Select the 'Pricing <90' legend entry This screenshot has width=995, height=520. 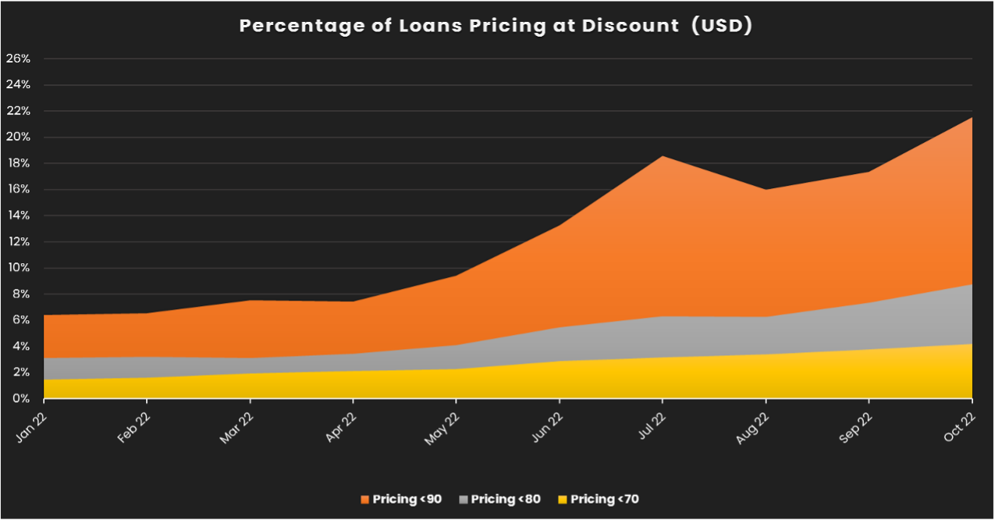(x=400, y=499)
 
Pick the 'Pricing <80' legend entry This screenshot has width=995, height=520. (x=499, y=499)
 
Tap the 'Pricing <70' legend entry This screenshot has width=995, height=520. (x=599, y=499)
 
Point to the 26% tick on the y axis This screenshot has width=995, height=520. (x=18, y=59)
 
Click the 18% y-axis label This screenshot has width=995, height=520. (x=18, y=163)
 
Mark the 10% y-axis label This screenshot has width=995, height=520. (x=18, y=268)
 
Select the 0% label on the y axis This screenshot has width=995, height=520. (x=20, y=398)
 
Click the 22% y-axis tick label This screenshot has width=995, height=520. (x=18, y=111)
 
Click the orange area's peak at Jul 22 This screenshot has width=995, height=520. (x=663, y=156)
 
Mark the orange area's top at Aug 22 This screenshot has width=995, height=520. (x=766, y=190)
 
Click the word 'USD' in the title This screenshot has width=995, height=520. (x=723, y=26)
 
